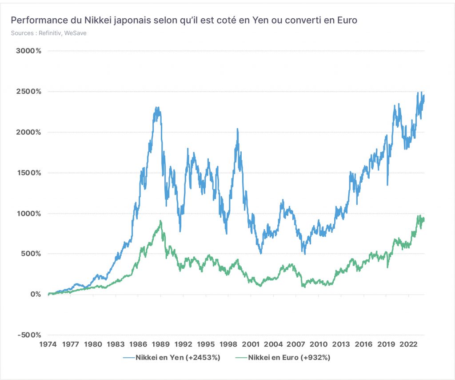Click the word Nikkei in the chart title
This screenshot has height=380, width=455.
(98, 20)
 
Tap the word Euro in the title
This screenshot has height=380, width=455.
(347, 20)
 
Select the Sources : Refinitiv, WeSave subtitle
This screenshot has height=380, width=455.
(49, 33)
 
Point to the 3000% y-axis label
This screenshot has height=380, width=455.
(28, 51)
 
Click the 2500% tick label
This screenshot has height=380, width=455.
(28, 92)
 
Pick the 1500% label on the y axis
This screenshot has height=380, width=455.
(28, 173)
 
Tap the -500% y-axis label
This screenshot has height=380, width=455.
(29, 335)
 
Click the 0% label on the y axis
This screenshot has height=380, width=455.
(36, 294)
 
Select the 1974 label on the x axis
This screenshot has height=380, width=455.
(48, 344)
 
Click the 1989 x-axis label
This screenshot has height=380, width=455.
(161, 344)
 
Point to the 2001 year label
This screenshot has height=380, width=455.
(251, 344)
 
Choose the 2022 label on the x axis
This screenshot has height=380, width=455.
(409, 344)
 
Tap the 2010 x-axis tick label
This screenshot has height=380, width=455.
(318, 344)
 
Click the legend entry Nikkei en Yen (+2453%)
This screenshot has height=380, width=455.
(172, 357)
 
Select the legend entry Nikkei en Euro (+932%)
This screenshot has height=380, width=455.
(283, 357)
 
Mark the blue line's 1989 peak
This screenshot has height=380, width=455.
(157, 107)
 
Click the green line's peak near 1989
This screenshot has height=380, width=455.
(160, 221)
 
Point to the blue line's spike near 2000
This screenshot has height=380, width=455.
(238, 129)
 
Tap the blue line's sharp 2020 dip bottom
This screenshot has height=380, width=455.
(387, 185)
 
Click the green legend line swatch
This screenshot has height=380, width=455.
(241, 357)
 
